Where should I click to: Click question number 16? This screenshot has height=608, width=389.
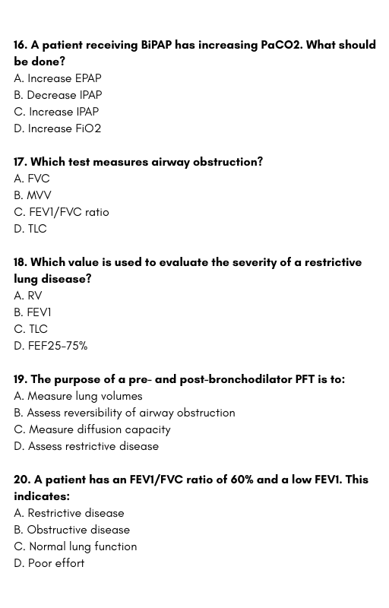coord(21,45)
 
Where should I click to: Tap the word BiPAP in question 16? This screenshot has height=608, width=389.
coord(156,45)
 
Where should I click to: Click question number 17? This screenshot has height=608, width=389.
coord(21,162)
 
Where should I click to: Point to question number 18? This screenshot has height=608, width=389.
coord(21,262)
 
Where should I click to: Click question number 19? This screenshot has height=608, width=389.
coord(21,379)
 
